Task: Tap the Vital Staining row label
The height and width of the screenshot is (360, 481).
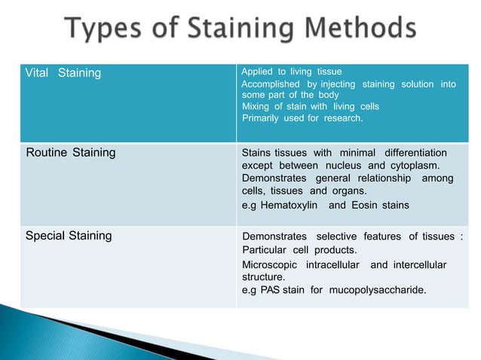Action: (x=59, y=73)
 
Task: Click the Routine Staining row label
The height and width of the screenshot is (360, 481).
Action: (x=71, y=153)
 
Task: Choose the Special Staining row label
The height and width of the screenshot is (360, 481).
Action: (x=69, y=236)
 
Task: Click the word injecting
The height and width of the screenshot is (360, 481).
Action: (x=338, y=84)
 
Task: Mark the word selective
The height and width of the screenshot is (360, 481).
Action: (x=339, y=236)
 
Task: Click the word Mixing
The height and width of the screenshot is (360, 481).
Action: (x=256, y=107)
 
